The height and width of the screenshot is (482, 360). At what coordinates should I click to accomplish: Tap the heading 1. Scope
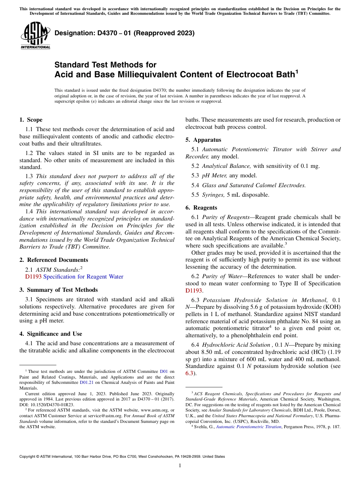pyautogui.click(x=31, y=120)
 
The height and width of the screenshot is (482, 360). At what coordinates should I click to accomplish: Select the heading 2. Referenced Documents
pyautogui.click(x=53, y=260)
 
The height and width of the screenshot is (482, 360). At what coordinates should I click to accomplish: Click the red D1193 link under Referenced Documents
pyautogui.click(x=33, y=277)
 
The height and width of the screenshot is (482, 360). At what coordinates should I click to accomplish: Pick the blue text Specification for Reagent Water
pyautogui.click(x=83, y=277)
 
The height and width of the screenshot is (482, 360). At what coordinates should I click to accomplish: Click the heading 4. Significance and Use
pyautogui.click(x=50, y=334)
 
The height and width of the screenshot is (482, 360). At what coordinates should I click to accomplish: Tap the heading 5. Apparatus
pyautogui.click(x=203, y=140)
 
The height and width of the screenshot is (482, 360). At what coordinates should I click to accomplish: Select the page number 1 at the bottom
pyautogui.click(x=180, y=466)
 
